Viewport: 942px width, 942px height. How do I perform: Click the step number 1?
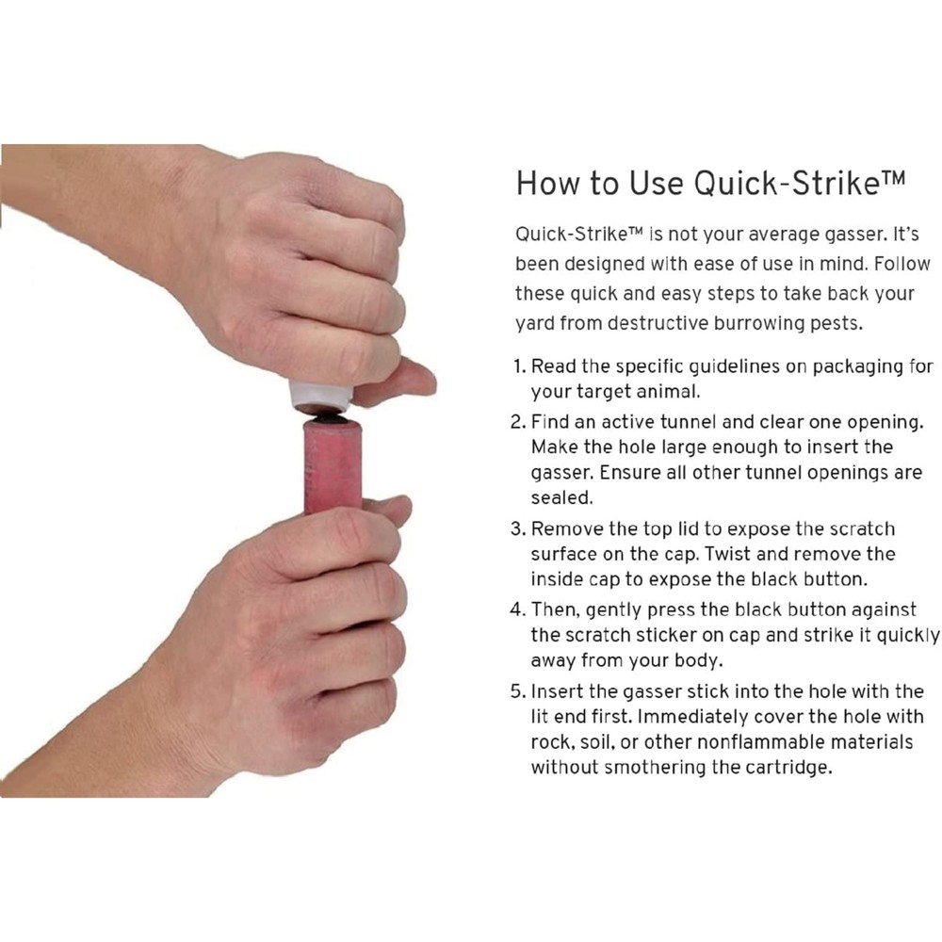pyautogui.click(x=518, y=365)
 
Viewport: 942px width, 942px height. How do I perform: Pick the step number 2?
pyautogui.click(x=518, y=422)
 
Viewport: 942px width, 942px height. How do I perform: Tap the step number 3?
pyautogui.click(x=518, y=528)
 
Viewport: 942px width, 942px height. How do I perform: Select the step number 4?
pyautogui.click(x=518, y=610)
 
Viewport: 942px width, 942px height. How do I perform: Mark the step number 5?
pyautogui.click(x=518, y=691)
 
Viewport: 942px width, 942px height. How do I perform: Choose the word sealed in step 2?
pyautogui.click(x=560, y=497)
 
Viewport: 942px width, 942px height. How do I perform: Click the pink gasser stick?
pyautogui.click(x=333, y=466)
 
